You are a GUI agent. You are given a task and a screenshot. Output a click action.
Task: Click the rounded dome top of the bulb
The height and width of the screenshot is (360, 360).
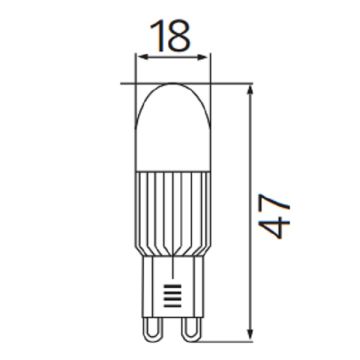coord(170,110)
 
